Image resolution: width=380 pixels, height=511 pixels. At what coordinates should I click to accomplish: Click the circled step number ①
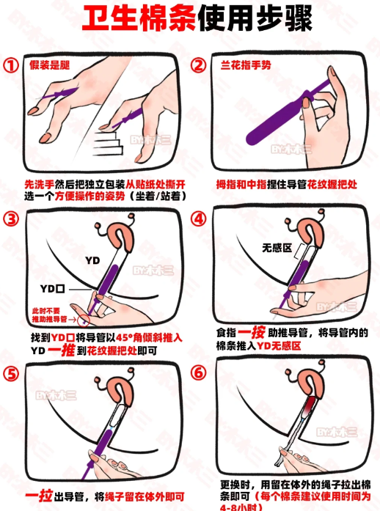click(11, 65)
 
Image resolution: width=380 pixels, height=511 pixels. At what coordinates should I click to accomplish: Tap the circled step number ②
click(199, 65)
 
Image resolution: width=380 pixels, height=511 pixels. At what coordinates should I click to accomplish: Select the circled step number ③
click(11, 218)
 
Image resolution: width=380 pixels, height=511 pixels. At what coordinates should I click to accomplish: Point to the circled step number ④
click(199, 218)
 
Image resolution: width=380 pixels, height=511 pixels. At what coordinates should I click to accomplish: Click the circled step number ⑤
click(11, 374)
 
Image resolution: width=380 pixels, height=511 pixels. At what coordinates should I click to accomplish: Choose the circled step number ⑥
click(199, 373)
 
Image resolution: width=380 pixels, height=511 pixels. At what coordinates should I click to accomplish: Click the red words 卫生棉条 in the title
click(139, 18)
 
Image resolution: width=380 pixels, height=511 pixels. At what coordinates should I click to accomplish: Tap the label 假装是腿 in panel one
click(50, 65)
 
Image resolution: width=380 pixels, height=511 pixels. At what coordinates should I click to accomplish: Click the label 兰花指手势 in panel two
click(246, 65)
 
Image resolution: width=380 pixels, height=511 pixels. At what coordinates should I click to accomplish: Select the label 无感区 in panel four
click(277, 248)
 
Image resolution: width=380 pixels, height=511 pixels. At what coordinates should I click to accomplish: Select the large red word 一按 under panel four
click(251, 332)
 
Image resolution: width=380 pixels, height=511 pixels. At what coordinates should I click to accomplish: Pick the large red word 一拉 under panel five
click(39, 496)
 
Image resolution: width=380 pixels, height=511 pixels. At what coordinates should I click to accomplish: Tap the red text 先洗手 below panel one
click(40, 185)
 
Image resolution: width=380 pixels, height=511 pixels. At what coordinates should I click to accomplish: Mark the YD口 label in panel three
click(53, 289)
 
